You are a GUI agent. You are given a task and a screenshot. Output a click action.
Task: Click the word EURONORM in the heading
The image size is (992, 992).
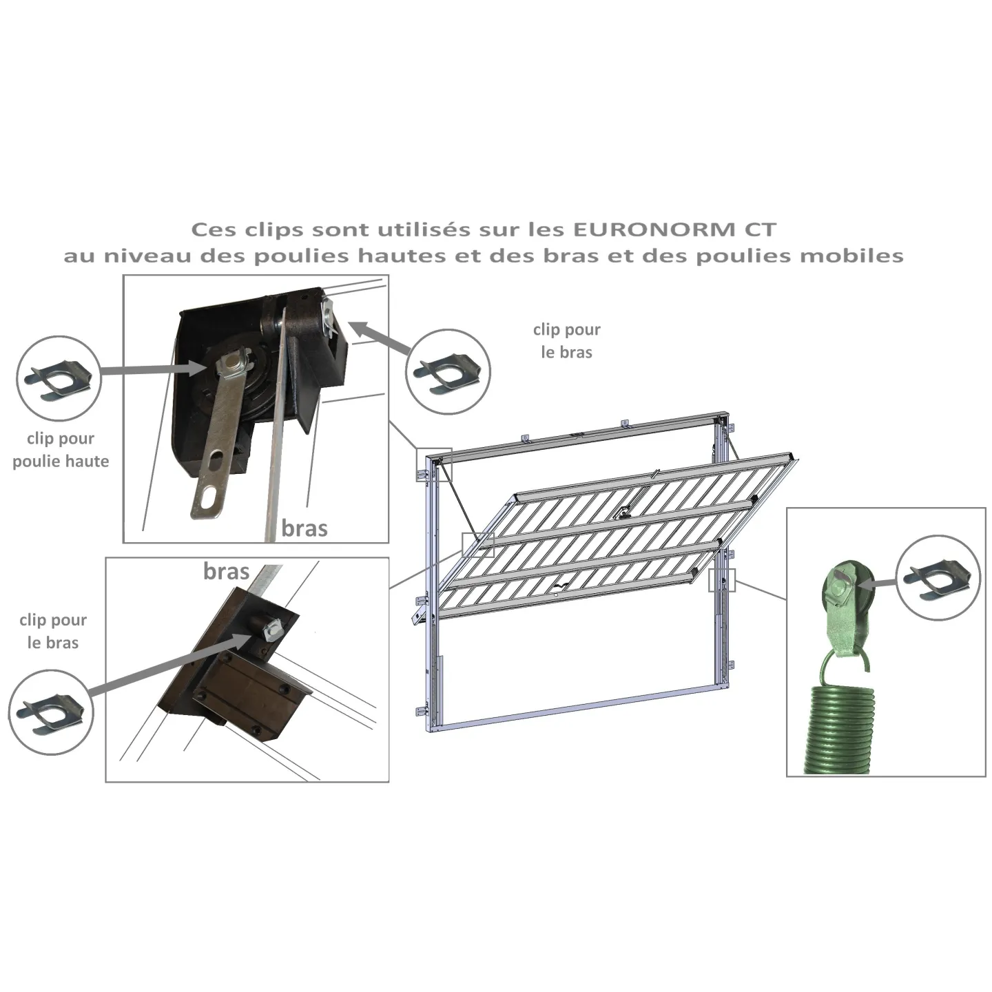click(x=653, y=229)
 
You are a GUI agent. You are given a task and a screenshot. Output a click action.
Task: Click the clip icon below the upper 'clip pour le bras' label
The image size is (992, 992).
click(x=448, y=371)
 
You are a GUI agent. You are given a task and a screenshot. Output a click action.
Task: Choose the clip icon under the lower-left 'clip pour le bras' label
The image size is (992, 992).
click(x=51, y=712)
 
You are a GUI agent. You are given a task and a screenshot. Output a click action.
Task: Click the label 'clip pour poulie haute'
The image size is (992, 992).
click(x=60, y=449)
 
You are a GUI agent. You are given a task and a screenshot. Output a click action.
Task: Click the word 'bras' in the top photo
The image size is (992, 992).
click(x=304, y=528)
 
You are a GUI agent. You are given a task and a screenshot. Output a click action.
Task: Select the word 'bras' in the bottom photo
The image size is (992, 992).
click(x=226, y=571)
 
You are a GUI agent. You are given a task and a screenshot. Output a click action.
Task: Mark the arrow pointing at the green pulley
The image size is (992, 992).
click(x=878, y=583)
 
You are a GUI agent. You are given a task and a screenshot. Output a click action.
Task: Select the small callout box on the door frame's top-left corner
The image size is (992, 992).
click(x=435, y=465)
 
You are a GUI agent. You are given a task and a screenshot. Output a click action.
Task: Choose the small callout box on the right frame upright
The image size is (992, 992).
click(x=722, y=580)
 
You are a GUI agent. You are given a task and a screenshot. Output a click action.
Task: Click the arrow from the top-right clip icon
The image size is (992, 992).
click(x=382, y=338)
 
